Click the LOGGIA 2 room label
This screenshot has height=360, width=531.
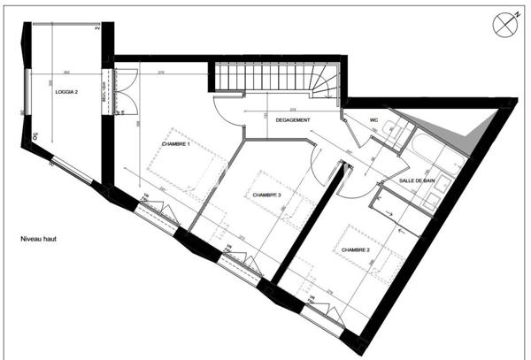coord(67,92)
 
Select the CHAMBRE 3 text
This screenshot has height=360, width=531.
coord(266,195)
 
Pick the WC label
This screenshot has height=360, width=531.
coord(374,119)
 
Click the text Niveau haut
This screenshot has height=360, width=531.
coord(39,240)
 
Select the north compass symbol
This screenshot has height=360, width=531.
coord(505,24)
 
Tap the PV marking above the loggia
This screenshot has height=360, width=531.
coord(98,29)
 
